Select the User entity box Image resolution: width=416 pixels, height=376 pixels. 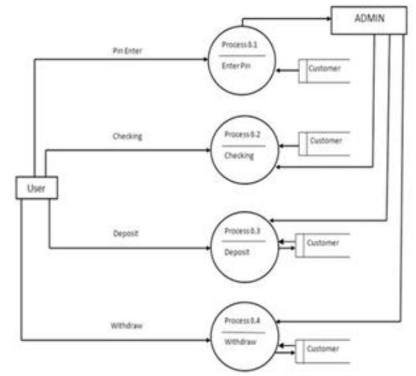click(36, 188)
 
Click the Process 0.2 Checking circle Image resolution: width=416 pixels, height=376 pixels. click(242, 150)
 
